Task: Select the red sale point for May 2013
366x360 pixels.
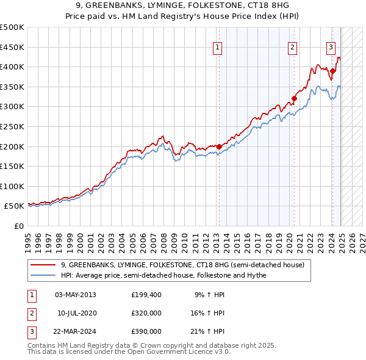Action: (218, 146)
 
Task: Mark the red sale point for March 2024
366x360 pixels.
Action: (332, 71)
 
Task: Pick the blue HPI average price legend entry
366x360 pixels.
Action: (163, 275)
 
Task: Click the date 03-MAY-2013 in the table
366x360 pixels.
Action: (76, 295)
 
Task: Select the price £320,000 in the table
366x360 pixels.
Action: (146, 313)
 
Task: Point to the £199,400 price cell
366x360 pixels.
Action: (146, 295)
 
